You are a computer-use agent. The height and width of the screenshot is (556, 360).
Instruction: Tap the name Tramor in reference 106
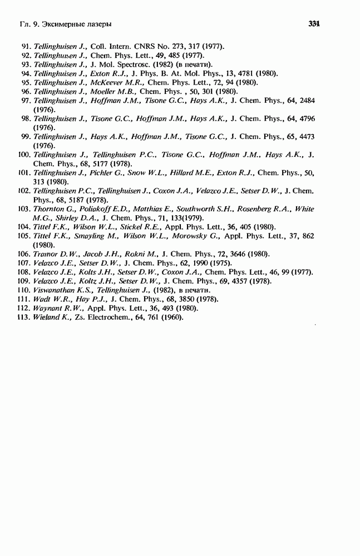46,254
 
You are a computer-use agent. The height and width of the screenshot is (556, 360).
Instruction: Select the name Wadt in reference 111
43,299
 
